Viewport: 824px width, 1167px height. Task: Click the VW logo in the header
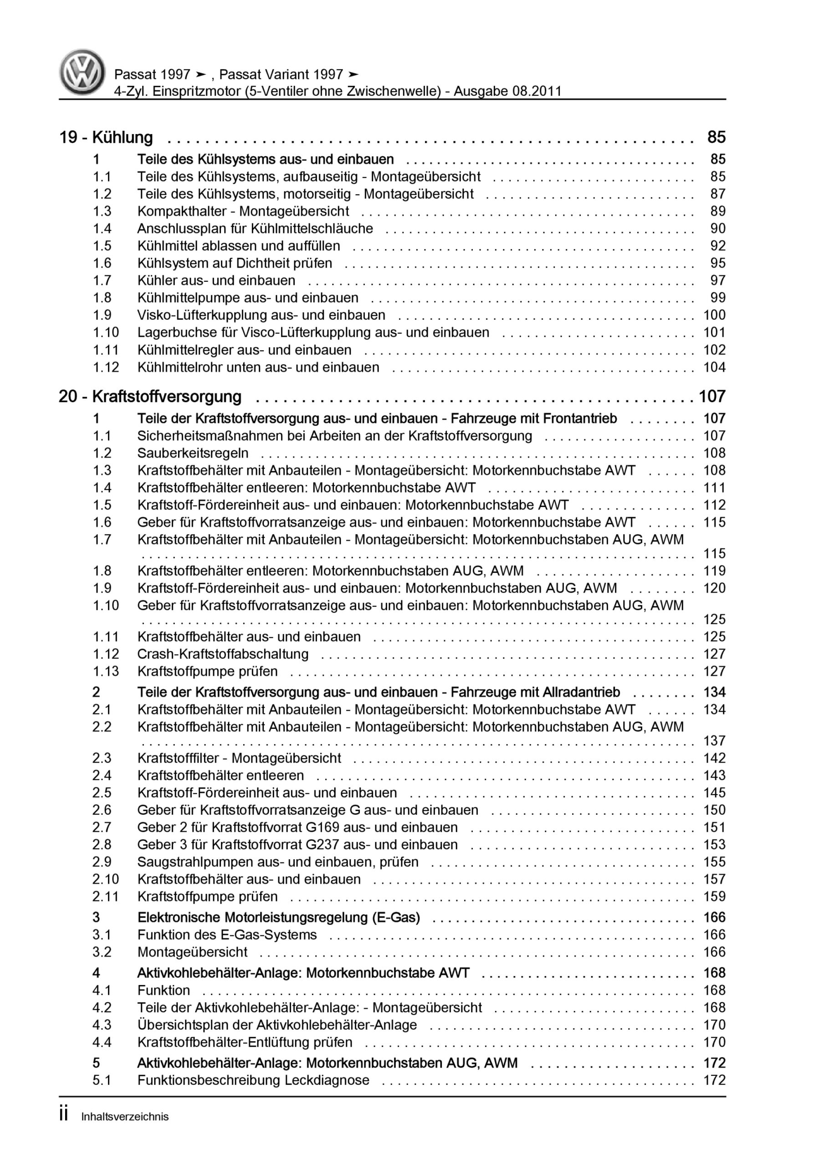[x=82, y=72]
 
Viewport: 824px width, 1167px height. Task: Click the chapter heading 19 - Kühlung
[x=106, y=137]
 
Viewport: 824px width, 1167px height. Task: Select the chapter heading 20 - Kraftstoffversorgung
[x=150, y=397]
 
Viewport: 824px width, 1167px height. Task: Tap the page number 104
[x=714, y=367]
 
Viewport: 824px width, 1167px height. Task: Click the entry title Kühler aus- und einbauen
[x=216, y=280]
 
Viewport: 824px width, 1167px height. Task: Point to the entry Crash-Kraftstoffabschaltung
[x=222, y=654]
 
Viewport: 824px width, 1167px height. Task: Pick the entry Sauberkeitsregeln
[x=193, y=454]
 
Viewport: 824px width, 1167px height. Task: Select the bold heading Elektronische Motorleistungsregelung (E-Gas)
[x=278, y=918]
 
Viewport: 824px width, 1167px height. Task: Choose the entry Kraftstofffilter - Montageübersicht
[x=239, y=759]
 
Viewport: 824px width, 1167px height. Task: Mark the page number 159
[x=714, y=897]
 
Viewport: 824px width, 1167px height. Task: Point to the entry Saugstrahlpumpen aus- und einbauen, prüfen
[x=277, y=862]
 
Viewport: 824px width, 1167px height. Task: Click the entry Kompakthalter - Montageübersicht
[x=243, y=212]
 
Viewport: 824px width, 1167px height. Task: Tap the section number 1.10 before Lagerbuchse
[x=106, y=332]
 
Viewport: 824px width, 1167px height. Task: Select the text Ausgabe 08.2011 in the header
[x=507, y=92]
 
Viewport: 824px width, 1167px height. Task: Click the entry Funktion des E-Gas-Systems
[x=226, y=935]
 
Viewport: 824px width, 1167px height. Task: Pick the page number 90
[x=718, y=229]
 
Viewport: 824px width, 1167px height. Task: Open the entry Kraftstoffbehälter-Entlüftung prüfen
[x=244, y=1043]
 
